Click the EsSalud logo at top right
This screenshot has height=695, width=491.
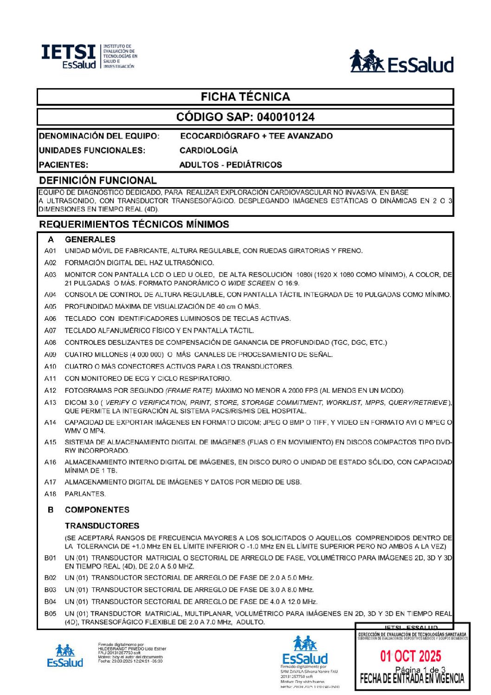401,62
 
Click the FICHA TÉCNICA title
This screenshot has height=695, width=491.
245,97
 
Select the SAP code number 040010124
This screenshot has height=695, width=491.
285,117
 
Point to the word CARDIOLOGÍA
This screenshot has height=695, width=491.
208,150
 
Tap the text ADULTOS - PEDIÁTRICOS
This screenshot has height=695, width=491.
231,165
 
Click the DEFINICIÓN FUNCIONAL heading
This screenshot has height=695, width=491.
98,181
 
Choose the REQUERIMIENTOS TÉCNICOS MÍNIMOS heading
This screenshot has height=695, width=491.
134,224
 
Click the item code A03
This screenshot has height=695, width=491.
50,275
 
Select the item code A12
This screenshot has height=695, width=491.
50,390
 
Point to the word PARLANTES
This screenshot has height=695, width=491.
85,494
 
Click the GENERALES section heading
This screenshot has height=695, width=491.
90,240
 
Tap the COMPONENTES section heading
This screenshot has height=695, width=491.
97,510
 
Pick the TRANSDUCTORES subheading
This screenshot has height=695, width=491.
102,526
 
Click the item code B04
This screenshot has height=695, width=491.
50,602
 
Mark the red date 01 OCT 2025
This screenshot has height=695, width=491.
411,656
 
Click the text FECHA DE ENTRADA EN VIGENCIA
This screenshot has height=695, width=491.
412,679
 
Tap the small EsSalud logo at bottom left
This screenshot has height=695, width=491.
65,656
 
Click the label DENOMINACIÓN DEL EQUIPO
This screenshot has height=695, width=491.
99,136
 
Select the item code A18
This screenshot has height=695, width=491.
50,494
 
